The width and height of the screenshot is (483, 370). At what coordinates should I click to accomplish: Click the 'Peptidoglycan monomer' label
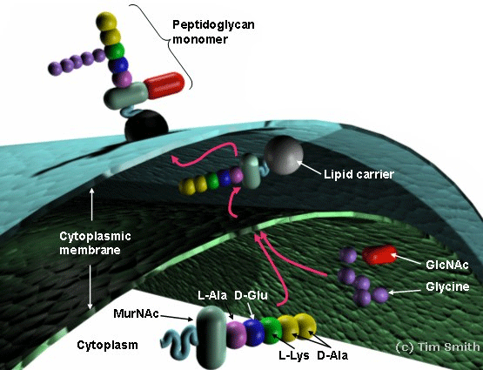coord(213,31)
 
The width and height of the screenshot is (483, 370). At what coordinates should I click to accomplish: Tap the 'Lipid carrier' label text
coord(359,174)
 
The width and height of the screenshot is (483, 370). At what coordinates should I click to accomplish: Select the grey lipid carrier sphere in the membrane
coord(284,155)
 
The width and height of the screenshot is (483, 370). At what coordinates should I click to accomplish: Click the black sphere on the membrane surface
coord(146,125)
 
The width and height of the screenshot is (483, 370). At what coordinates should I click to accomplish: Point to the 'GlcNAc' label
coord(447,265)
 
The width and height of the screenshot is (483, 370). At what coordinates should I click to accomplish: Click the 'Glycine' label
coord(447,286)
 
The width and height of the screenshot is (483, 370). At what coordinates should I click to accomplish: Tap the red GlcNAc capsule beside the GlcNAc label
coord(379,255)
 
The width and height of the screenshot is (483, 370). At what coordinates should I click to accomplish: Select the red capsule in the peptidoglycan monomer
coord(164,85)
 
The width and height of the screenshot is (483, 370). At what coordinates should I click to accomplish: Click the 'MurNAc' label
coord(136,313)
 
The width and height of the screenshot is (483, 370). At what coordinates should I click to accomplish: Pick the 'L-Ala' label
coord(212,296)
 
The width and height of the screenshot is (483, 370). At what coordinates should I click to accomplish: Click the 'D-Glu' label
coord(251,296)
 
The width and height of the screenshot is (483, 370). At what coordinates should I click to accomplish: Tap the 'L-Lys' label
coord(294,355)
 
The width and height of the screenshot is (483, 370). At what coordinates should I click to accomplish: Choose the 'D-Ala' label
coord(332,355)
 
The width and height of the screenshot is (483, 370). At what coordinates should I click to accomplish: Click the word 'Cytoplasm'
coord(108,345)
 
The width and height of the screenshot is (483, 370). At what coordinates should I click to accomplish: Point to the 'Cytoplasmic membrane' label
coord(95,243)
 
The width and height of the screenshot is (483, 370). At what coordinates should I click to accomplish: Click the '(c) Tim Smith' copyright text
coord(438,346)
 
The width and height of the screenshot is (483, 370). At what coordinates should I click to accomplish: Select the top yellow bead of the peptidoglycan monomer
coord(106,21)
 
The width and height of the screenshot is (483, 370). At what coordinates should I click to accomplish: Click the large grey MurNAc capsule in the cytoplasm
coord(211,337)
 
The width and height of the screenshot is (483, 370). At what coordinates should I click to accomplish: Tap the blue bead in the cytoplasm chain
coord(254,333)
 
